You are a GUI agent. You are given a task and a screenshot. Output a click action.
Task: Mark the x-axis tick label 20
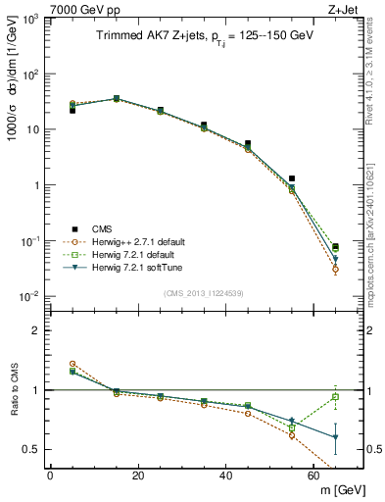[137, 475]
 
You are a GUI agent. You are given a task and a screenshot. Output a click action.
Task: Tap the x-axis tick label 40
[225, 475]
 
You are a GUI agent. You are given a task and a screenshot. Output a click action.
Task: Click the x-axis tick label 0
[49, 475]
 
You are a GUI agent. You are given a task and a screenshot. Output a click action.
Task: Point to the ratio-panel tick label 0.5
[31, 449]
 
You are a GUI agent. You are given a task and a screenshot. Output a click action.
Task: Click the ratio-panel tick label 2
[36, 330]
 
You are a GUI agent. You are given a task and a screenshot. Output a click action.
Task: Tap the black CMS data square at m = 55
[292, 178]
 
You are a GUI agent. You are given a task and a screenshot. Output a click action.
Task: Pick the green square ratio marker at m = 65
[335, 397]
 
